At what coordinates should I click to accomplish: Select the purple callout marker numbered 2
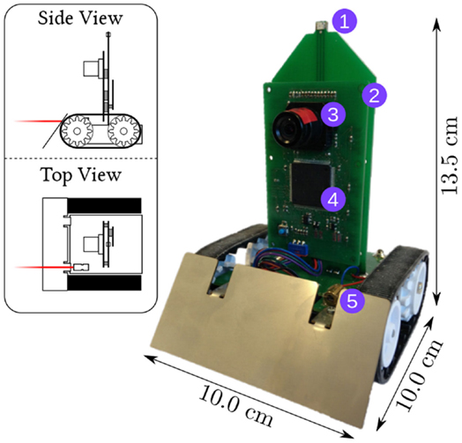pyautogui.click(x=373, y=93)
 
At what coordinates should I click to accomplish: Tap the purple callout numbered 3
pyautogui.click(x=332, y=114)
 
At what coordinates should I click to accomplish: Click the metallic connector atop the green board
pyautogui.click(x=319, y=29)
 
